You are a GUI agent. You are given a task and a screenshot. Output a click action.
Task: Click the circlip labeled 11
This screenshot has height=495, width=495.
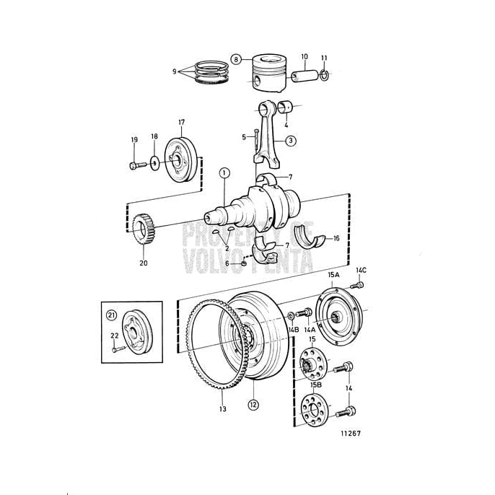[324, 75]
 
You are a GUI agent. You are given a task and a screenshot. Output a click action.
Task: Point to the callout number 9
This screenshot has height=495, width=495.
[174, 71]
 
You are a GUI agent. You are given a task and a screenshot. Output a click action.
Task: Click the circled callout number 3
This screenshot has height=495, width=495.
[289, 141]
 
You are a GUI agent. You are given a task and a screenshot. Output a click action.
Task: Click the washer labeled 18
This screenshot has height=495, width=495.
[154, 163]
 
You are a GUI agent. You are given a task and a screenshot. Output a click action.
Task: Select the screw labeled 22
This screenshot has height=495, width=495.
[118, 349]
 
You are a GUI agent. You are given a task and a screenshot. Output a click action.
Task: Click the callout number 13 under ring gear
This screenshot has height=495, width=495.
[222, 409]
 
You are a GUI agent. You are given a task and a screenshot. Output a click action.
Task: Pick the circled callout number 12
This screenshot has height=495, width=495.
[253, 405]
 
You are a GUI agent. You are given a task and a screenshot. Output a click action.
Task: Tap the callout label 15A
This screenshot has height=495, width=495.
[334, 276]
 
